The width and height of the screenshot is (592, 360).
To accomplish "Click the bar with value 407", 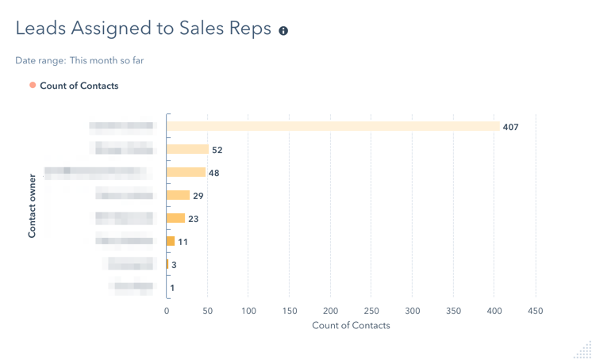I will (x=333, y=126).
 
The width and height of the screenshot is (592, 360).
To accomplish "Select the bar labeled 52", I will (x=188, y=149).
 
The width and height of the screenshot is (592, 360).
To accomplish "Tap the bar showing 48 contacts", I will (x=186, y=172).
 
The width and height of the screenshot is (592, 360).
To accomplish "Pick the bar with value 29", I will (x=179, y=195).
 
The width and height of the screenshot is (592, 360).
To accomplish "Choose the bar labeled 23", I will (x=176, y=218).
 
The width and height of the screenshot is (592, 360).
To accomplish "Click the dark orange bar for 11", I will (x=171, y=241).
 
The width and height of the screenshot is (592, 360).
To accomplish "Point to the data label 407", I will (x=510, y=127).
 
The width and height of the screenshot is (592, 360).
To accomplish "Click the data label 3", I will (x=174, y=265).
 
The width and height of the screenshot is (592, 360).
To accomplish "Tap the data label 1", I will (x=172, y=288).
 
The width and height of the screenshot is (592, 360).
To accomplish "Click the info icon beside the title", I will (x=283, y=31).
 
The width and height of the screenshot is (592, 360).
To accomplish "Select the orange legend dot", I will (x=33, y=85).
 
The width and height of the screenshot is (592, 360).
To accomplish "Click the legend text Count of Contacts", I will (x=79, y=86).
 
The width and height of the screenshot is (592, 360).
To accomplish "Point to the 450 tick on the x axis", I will (x=536, y=311).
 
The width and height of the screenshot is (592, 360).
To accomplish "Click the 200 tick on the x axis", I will (x=331, y=311).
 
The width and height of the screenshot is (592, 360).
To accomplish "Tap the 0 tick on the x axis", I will (x=167, y=311).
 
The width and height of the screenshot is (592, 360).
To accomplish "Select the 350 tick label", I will (x=453, y=311).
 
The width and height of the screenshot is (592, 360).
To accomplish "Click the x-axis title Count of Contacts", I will (x=351, y=325).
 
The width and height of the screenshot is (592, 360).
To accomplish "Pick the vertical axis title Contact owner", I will (x=33, y=205).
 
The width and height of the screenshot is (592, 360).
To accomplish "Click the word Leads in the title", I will (x=40, y=29).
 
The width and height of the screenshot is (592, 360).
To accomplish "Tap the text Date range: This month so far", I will (x=79, y=60).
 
